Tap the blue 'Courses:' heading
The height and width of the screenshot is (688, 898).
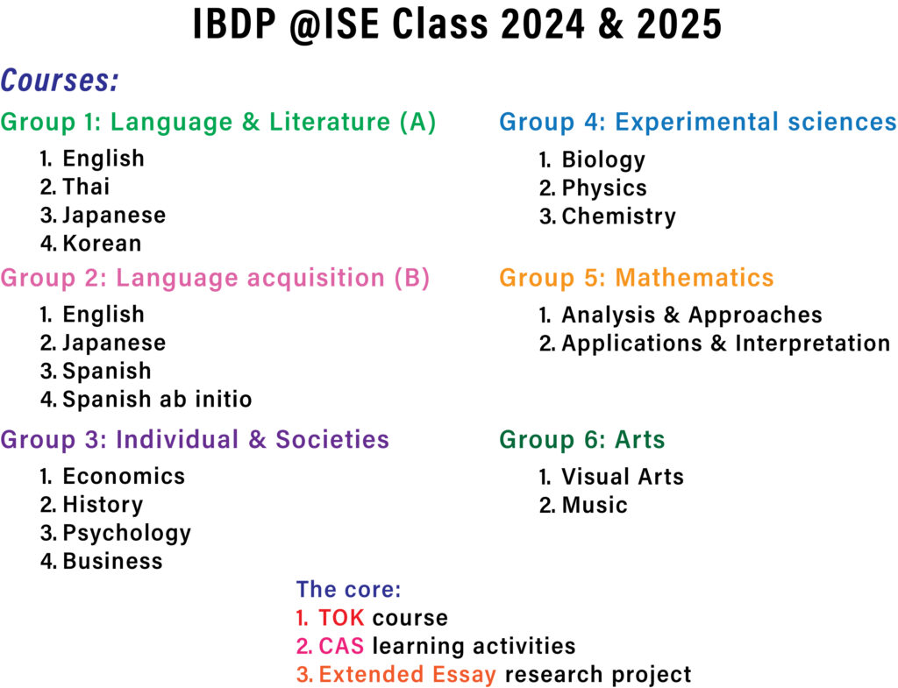60,82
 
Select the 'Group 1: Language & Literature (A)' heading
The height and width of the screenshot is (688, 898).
218,122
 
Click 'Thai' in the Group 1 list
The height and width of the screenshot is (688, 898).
86,187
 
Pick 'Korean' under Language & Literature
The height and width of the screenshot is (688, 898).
102,243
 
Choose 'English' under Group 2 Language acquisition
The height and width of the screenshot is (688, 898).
103,314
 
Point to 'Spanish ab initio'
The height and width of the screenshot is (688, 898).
157,400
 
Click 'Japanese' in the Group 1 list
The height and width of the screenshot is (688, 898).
114,215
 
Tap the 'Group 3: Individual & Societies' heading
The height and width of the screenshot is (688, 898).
195,439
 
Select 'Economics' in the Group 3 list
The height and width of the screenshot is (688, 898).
124,476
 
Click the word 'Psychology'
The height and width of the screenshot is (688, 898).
126,533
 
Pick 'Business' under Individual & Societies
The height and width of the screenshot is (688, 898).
112,561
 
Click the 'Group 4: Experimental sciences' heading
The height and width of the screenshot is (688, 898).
698,122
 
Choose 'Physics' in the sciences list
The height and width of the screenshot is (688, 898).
604,188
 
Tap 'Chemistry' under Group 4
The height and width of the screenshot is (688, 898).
618,216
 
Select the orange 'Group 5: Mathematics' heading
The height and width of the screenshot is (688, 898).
637,278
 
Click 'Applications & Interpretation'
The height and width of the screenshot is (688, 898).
725,344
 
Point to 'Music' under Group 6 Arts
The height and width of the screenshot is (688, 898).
595,505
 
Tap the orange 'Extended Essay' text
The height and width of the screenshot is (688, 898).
408,675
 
